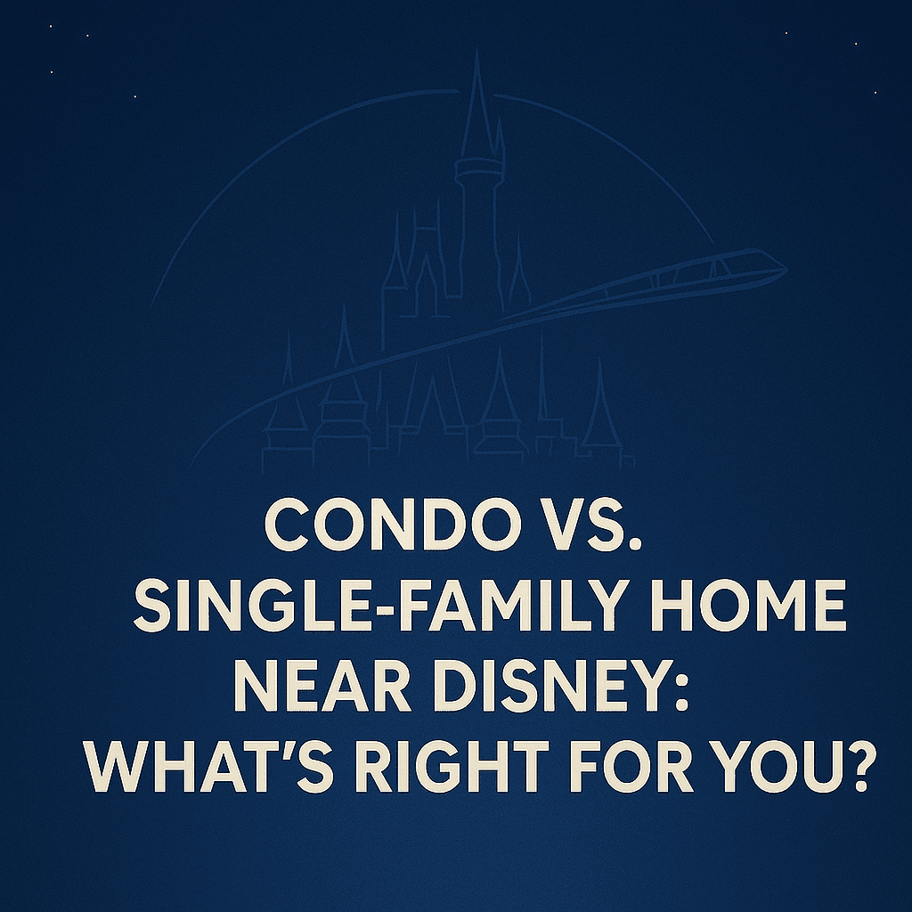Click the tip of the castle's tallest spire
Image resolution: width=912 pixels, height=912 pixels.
(476, 51)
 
